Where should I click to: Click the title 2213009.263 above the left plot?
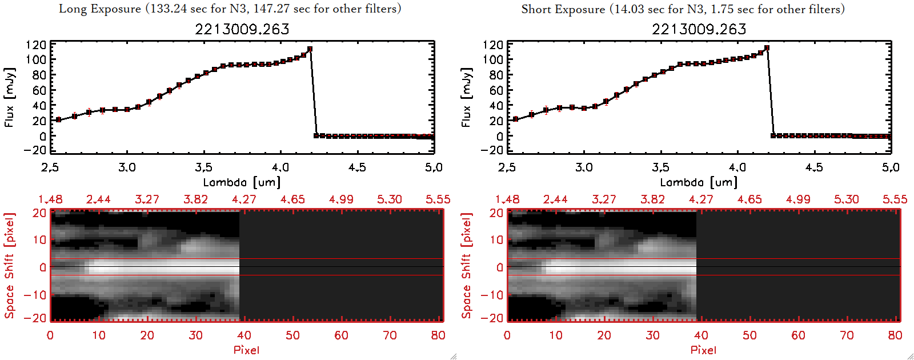242,29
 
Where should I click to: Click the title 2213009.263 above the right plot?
699,29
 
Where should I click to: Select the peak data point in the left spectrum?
310,49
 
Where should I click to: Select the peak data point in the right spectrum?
767,48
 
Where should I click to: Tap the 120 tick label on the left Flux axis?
36,45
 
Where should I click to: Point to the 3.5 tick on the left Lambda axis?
203,167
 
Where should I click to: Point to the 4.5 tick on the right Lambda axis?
814,167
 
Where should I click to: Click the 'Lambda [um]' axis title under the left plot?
242,182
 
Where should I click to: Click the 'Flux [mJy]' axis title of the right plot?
466,97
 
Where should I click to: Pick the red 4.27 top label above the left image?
244,199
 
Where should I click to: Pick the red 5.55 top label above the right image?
895,199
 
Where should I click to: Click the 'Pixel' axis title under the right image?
703,350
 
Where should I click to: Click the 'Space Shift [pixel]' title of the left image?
9,266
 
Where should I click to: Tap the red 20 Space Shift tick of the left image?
39,213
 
